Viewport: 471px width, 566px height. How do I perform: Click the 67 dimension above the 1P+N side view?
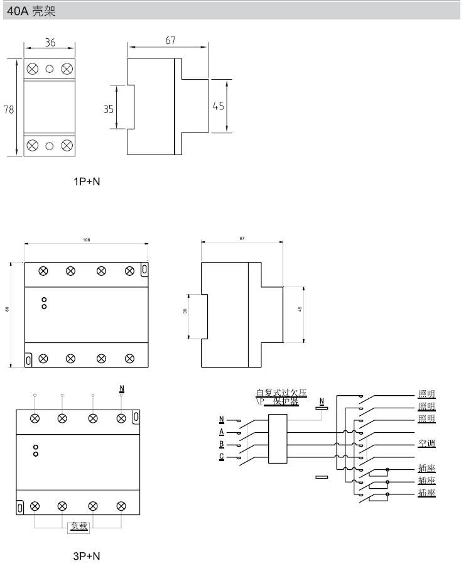tap(170, 41)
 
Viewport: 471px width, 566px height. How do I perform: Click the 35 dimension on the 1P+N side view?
tap(109, 108)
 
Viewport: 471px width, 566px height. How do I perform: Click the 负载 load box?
tap(78, 527)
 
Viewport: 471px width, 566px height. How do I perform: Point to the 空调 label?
tap(427, 444)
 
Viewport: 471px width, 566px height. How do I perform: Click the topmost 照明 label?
tap(427, 394)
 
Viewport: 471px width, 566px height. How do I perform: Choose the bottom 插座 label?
tap(427, 493)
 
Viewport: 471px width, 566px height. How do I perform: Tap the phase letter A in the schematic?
tap(222, 432)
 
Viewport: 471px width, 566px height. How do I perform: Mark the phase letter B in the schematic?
tap(222, 445)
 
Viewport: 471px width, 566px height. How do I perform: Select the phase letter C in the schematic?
tap(222, 457)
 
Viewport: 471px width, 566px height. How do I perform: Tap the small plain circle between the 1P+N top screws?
tap(49, 68)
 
